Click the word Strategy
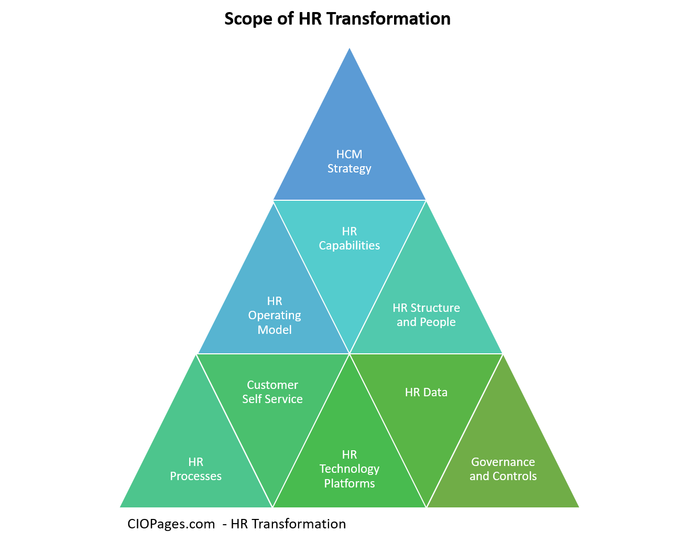coord(349,169)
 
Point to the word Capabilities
coord(349,246)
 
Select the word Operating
coord(275,316)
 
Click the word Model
coord(275,330)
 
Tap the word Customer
coord(272,385)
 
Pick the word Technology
coord(349,469)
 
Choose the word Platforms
coord(349,483)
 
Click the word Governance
coord(503,462)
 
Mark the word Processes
coord(196,476)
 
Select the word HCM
coord(349,154)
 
